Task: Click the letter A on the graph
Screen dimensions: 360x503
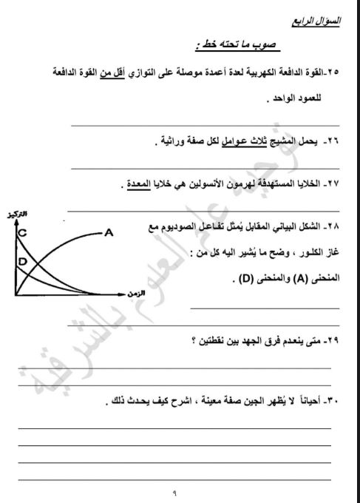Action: [x=109, y=232]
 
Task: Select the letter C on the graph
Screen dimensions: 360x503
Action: [x=23, y=233]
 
